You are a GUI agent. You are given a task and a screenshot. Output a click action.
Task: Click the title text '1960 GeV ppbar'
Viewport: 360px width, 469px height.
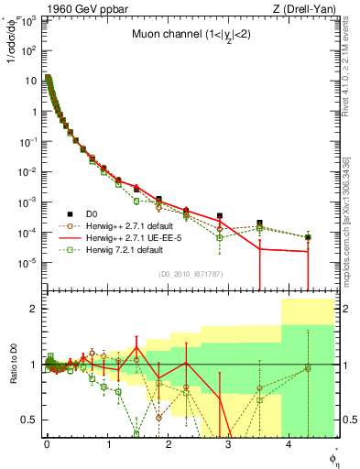[x=74, y=9]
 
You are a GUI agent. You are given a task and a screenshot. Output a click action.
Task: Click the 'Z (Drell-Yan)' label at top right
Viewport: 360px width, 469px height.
[x=302, y=9]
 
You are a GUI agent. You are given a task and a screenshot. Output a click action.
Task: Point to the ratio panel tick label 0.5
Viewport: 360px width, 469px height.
[x=30, y=420]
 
